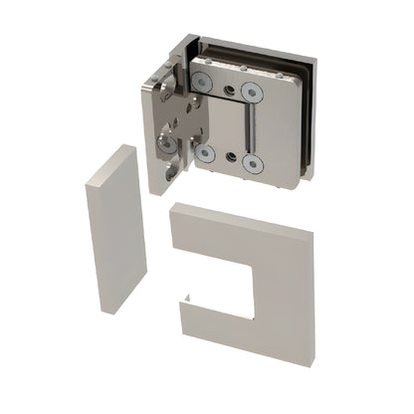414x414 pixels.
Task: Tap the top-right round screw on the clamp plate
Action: coord(252,93)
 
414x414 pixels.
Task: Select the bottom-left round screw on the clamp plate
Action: coord(206,151)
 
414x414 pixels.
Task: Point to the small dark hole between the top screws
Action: coord(230,91)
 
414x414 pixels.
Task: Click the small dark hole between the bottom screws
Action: coord(229,158)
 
